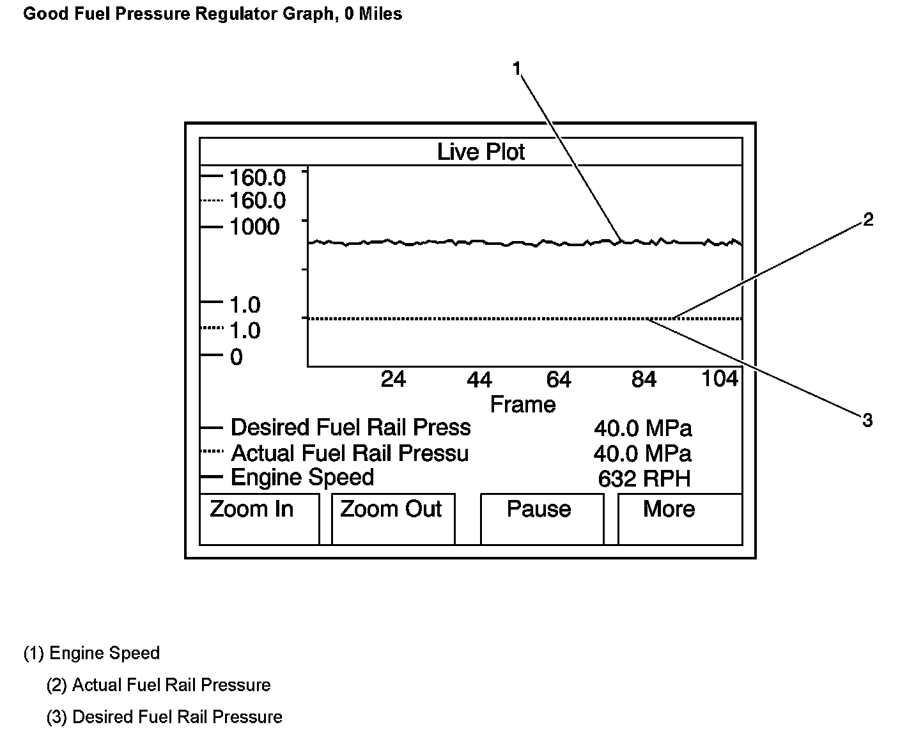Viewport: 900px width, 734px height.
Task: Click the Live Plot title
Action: tap(481, 152)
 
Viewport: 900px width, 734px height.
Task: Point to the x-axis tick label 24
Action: tap(392, 380)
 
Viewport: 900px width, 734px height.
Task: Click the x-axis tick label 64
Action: tap(558, 380)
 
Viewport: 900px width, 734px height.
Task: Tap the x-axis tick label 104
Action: tap(720, 379)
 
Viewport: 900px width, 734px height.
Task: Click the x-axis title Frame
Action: tap(522, 405)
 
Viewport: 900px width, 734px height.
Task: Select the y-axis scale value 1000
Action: tap(254, 227)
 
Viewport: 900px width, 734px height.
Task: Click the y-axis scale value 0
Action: tap(237, 357)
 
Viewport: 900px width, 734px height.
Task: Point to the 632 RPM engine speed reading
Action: tap(644, 479)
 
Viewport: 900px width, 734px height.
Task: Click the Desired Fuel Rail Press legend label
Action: tap(350, 427)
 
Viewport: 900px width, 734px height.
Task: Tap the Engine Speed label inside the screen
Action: tap(302, 478)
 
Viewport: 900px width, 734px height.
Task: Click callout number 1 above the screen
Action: tap(517, 68)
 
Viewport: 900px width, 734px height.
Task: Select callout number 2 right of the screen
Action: tap(867, 220)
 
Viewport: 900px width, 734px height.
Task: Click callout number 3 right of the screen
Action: tap(867, 421)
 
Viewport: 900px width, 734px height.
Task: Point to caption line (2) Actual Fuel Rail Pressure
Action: tap(159, 685)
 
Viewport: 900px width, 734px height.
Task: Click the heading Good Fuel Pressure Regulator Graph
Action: tap(212, 14)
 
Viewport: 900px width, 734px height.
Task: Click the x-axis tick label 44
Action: tap(479, 380)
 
